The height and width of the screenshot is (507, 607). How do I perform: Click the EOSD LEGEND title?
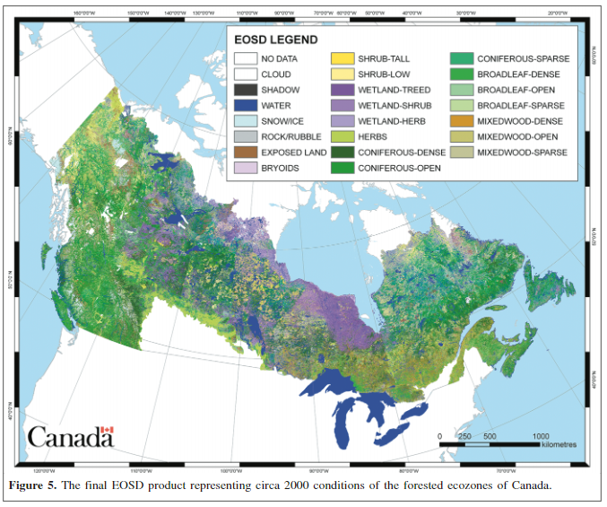(x=274, y=40)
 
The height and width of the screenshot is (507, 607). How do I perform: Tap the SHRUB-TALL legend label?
(x=383, y=58)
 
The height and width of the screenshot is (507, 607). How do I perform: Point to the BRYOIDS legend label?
(x=280, y=168)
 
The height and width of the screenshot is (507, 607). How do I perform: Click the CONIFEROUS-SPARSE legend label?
(x=523, y=58)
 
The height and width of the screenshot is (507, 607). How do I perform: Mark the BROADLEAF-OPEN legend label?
(x=516, y=90)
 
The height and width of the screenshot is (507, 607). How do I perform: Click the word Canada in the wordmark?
(x=65, y=438)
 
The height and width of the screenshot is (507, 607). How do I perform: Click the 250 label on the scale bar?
(x=464, y=435)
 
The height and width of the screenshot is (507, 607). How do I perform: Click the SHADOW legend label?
(x=280, y=90)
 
